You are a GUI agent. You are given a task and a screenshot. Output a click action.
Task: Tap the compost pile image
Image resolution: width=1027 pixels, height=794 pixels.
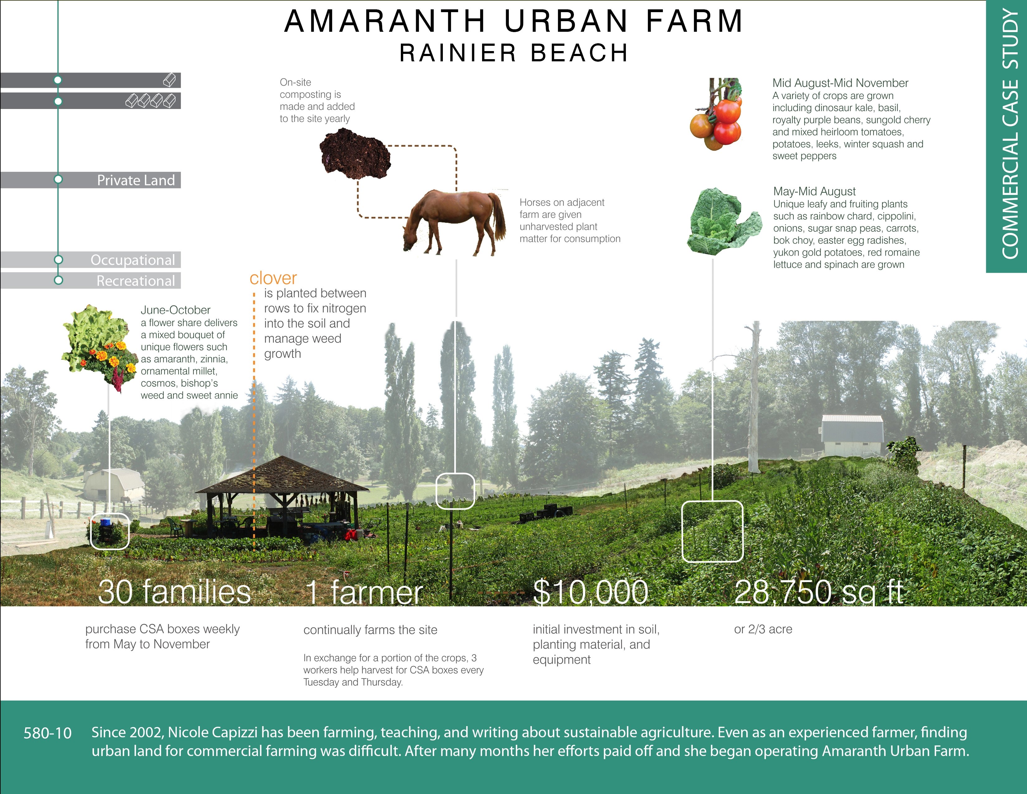point(355,154)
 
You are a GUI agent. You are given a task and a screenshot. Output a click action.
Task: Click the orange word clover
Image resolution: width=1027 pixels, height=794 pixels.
point(273,278)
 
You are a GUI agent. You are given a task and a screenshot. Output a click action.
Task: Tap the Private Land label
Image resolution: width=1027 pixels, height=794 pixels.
point(136,180)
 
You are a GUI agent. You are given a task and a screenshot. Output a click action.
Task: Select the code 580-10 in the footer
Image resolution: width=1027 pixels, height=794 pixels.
point(48,733)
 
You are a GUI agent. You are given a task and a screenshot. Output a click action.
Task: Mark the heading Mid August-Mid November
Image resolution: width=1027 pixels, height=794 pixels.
point(840,83)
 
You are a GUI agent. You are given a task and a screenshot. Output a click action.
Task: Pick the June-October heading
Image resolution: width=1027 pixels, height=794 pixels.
point(176,310)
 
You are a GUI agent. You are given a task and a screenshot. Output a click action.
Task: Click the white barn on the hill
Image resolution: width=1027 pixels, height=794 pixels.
point(852,435)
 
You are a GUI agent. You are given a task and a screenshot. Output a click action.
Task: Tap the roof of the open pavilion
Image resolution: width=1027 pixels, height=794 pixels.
point(282,475)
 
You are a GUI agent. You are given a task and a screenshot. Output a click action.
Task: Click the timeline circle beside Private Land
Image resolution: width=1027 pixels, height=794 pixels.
point(58,179)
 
